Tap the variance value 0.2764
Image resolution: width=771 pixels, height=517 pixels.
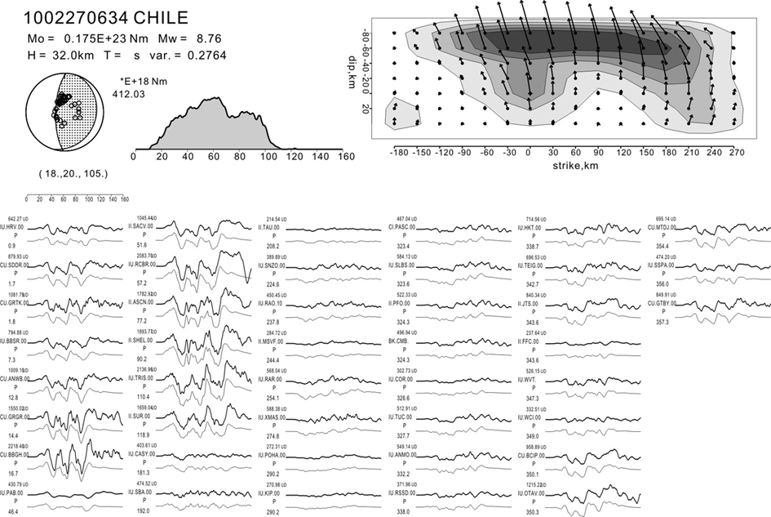(206, 55)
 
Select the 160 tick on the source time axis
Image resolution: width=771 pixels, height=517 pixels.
(345, 156)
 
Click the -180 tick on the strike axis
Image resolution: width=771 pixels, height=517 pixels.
(399, 151)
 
